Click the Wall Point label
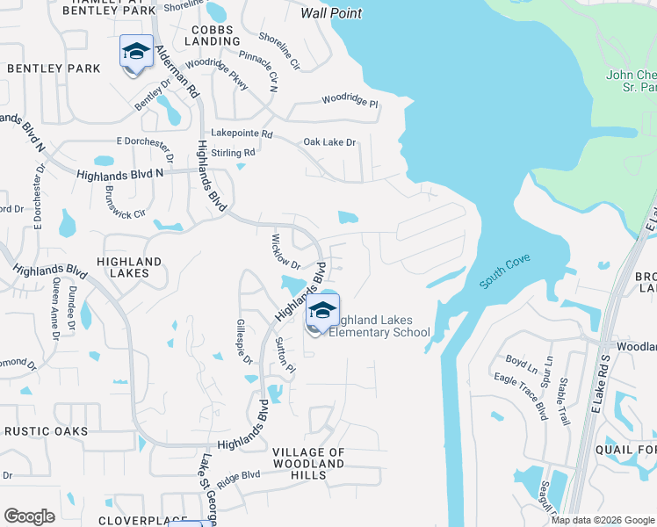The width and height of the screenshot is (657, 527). (x=331, y=13)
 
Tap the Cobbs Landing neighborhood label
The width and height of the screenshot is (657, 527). (x=212, y=35)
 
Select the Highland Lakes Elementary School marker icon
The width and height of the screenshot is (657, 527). (x=322, y=313)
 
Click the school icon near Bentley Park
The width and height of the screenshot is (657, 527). (x=136, y=54)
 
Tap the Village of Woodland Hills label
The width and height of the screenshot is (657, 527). (x=308, y=458)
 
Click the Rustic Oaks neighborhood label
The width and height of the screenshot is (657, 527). (x=46, y=431)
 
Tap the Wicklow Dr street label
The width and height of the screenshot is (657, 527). (x=285, y=252)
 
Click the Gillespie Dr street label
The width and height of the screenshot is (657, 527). (x=244, y=342)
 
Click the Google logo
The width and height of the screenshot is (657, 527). (x=29, y=516)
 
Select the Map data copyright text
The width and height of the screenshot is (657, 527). (x=602, y=520)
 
